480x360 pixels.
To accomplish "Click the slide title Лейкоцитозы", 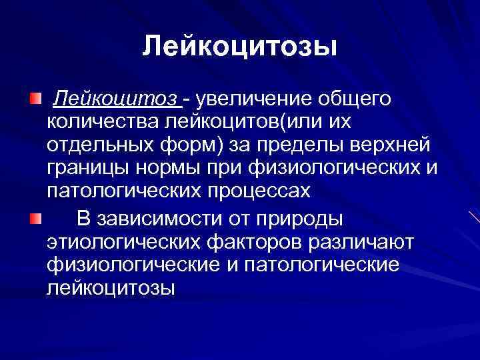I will pos(240,46).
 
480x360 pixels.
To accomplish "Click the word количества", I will pos(98,123).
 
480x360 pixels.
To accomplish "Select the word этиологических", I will pos(115,242).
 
